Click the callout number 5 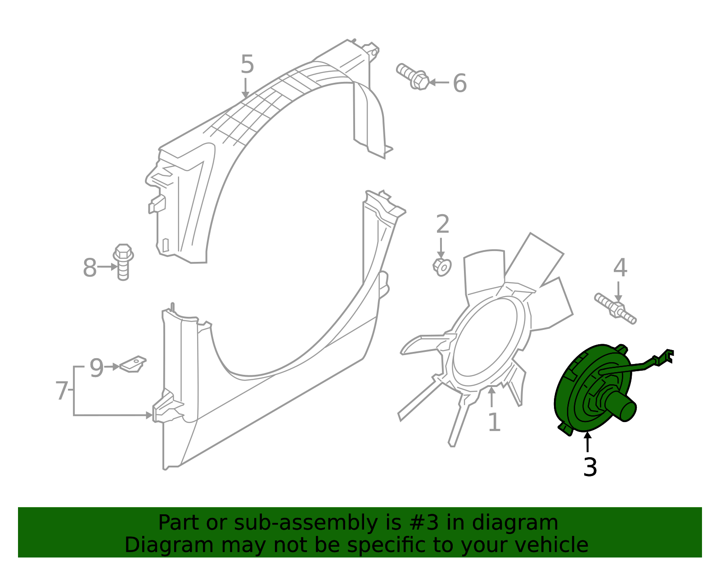pos(247,64)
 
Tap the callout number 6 pos(459,83)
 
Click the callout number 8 pos(90,268)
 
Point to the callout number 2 pos(443,224)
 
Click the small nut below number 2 pos(442,267)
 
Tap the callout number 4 pos(620,268)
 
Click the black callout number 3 pos(590,468)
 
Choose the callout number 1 pos(494,423)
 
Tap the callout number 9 pos(96,368)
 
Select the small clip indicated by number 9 pos(134,364)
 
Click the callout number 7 pos(62,391)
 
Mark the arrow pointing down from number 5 pos(245,88)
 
